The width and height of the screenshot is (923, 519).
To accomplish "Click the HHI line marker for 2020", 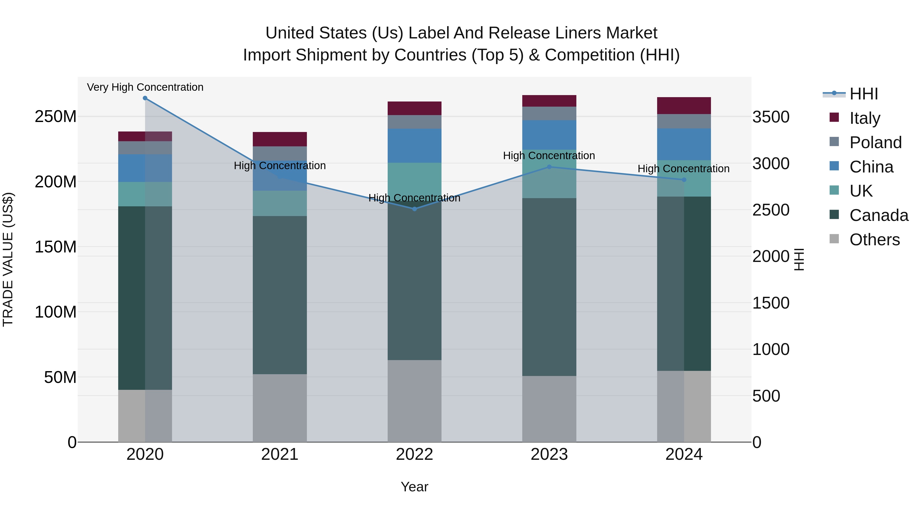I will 145,98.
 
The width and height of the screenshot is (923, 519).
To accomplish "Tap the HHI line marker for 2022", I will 415,209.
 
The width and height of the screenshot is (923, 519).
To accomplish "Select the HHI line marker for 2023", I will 549,167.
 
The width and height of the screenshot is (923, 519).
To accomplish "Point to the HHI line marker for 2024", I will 684,180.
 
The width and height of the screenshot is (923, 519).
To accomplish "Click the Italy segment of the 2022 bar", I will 415,108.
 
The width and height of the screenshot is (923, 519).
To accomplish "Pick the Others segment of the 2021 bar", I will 280,408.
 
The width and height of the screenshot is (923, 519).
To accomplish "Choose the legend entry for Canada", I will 879,215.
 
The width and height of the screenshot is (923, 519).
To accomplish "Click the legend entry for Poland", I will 875,143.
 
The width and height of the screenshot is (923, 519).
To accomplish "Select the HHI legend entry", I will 864,94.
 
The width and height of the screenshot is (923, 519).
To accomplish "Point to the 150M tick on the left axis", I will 56,247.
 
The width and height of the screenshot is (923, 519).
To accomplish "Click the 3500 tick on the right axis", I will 771,117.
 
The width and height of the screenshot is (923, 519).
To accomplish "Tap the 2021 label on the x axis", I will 280,454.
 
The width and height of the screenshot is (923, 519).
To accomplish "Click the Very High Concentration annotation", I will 145,87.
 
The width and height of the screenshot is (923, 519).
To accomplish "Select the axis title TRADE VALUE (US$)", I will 8,259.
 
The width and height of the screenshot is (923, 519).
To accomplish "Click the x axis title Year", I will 415,487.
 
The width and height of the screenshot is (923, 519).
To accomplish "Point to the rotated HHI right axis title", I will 799,259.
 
